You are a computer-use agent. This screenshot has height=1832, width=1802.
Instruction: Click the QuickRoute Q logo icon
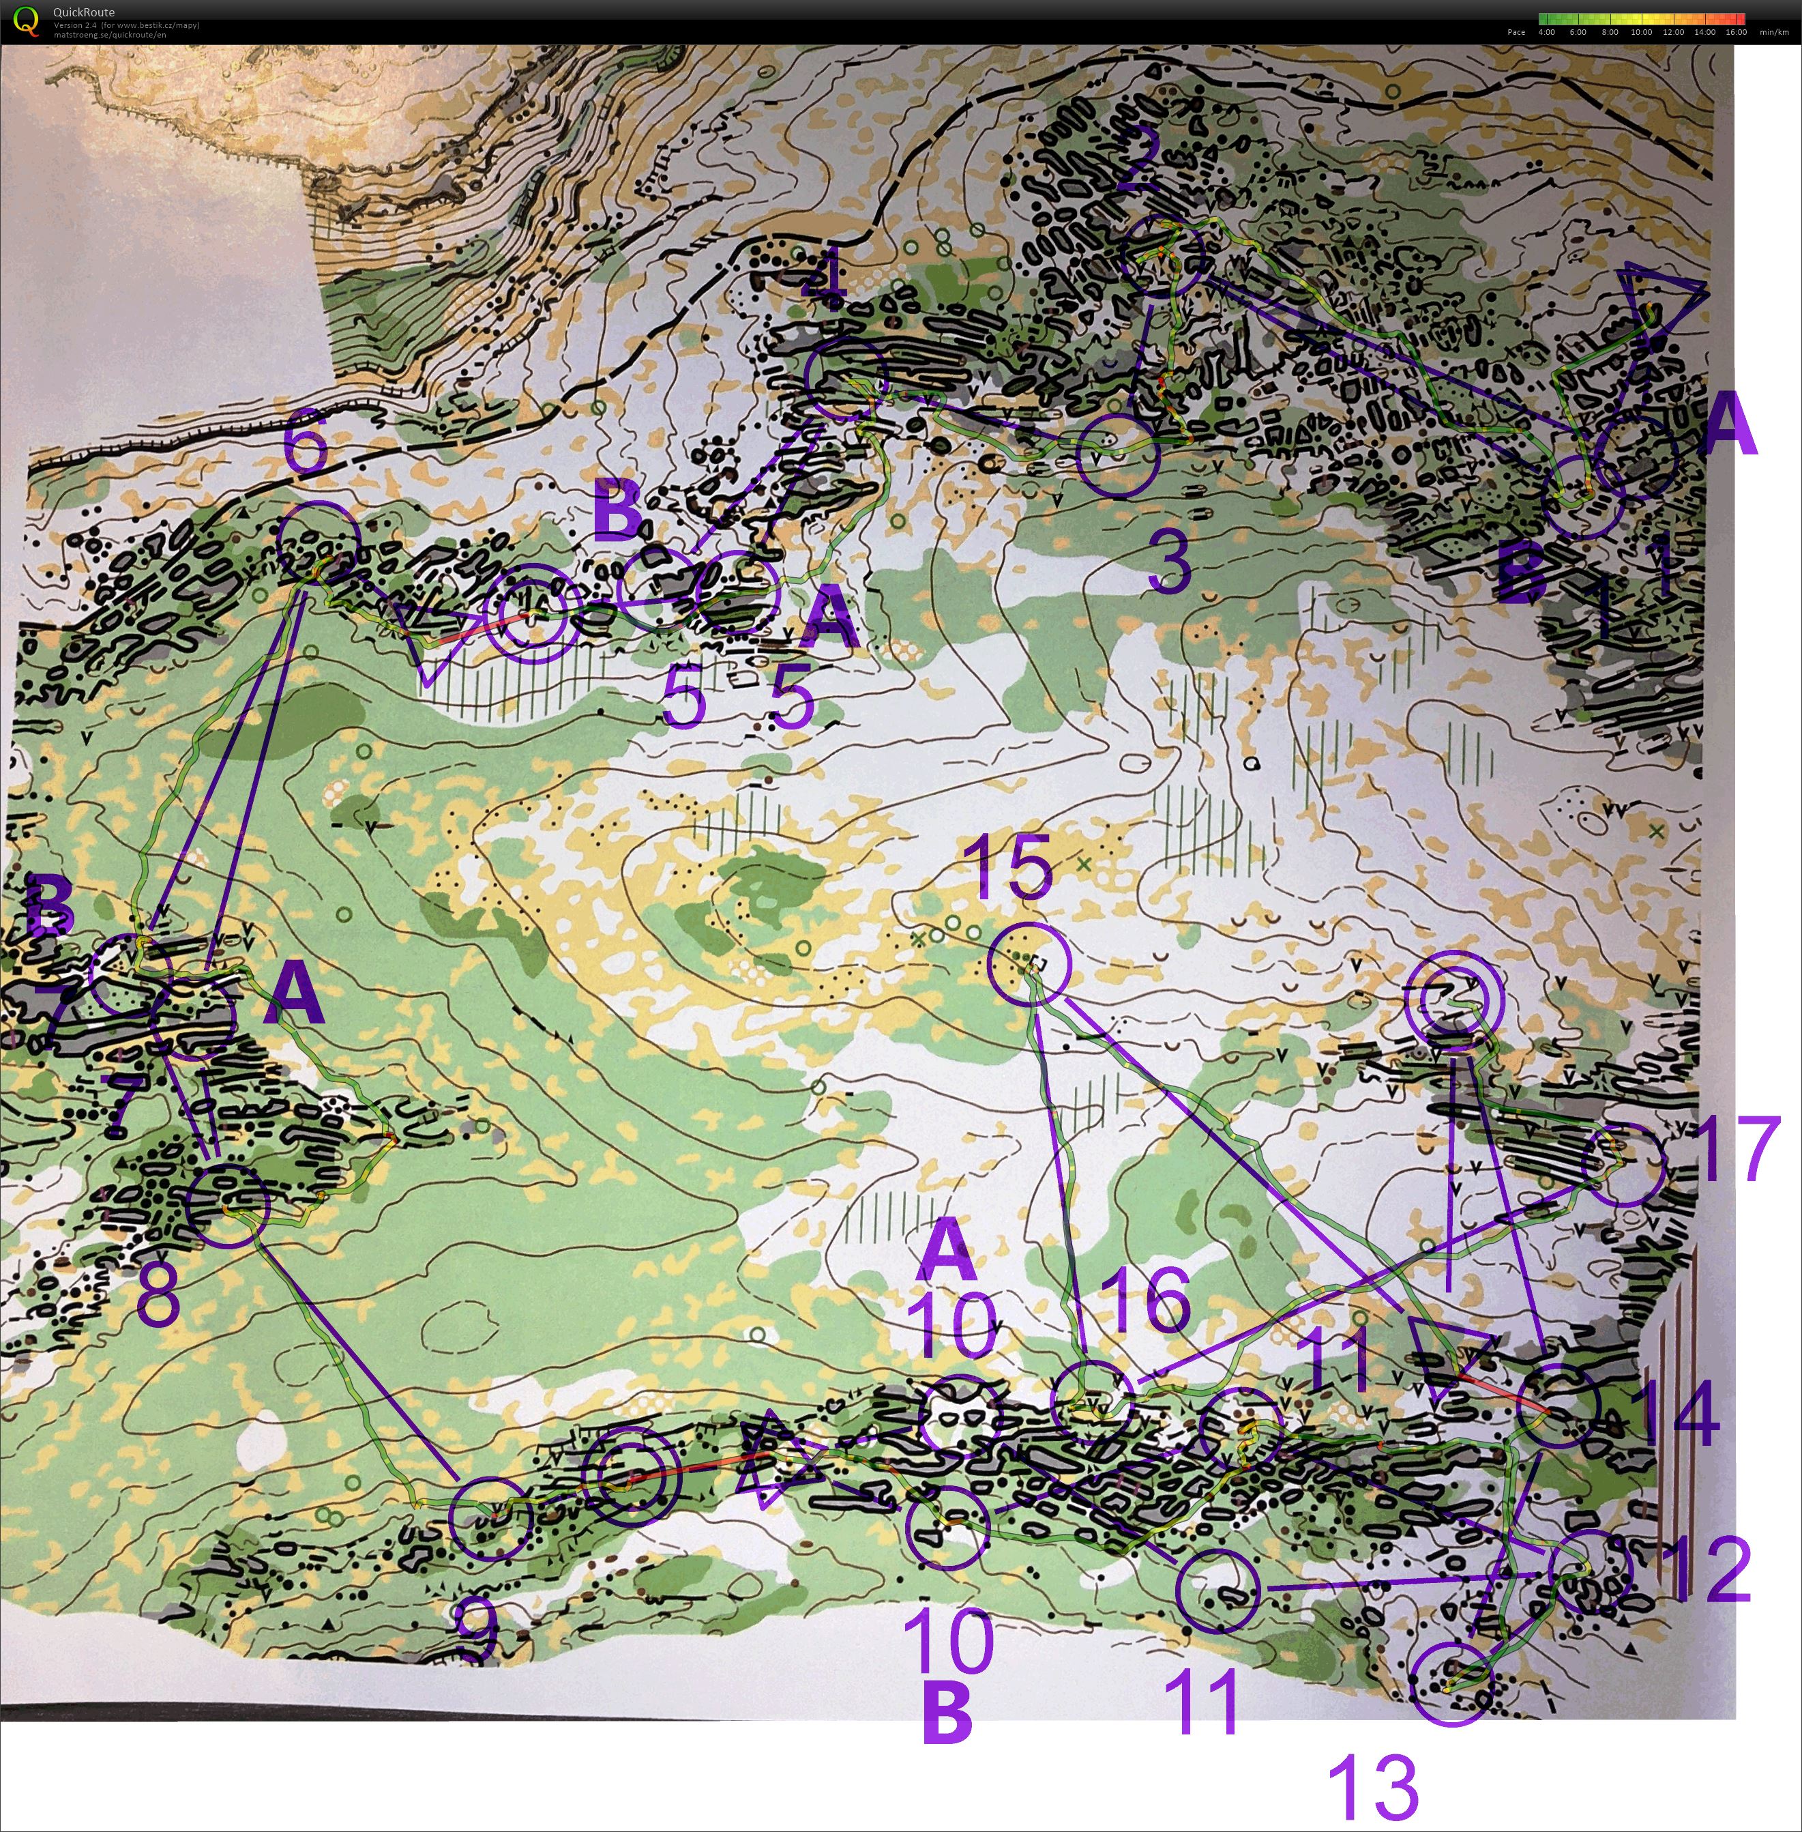[25, 21]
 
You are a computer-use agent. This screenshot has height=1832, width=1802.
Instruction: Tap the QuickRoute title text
[83, 12]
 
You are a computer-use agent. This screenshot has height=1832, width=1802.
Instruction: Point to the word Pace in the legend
[1516, 32]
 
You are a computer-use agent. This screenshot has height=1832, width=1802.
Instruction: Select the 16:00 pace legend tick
[1736, 32]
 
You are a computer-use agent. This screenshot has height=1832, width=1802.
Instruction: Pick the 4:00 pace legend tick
[1546, 32]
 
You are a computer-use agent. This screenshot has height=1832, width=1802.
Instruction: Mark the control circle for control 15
[1030, 964]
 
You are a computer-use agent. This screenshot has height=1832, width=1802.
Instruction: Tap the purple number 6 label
[305, 447]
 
